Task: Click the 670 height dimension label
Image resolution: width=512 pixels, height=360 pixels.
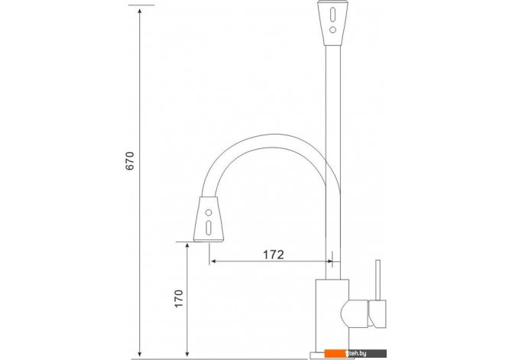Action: coord(130,161)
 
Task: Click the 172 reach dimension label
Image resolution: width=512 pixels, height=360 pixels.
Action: coord(274,255)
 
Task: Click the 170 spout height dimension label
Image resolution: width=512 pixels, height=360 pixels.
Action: coord(179,298)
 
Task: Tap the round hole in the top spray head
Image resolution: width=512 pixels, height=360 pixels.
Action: coord(332,30)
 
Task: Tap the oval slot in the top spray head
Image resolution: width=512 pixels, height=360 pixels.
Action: coord(332,15)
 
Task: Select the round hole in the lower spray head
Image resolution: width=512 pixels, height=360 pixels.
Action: coord(209,212)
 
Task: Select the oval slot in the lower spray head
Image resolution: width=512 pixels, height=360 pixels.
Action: coord(209,228)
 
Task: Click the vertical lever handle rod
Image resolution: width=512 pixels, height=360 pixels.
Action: coord(378,280)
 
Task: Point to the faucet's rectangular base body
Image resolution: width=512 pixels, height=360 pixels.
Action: coord(332,316)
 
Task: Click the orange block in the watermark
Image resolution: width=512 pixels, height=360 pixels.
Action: coord(335,353)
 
